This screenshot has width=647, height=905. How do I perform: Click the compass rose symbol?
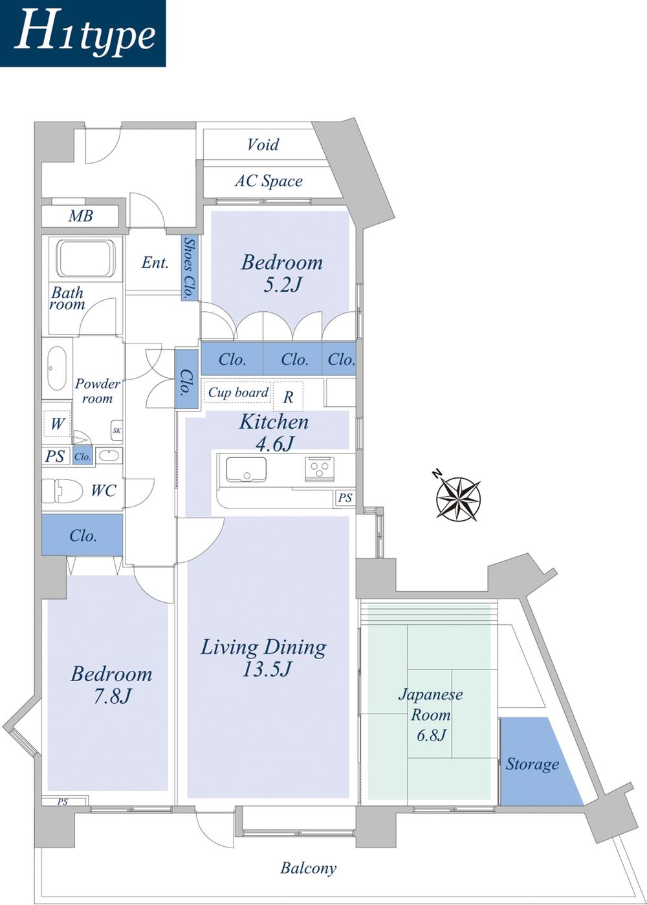(458, 497)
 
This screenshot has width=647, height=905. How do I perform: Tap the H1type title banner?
(83, 34)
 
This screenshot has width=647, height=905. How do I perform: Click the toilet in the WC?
(62, 490)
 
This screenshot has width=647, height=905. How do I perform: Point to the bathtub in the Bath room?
(85, 258)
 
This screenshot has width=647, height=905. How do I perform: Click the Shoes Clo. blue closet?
(189, 267)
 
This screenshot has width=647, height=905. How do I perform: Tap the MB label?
(81, 216)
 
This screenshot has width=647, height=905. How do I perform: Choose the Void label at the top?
(263, 144)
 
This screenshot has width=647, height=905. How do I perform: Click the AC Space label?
(269, 181)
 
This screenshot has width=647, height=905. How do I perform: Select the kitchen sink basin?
(246, 469)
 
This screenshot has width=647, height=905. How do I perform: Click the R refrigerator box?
(288, 397)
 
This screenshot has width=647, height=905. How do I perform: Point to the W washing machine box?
(58, 424)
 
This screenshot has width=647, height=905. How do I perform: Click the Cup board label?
(238, 393)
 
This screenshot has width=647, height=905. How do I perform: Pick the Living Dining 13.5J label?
(263, 657)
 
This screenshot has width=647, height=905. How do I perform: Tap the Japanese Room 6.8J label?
(430, 714)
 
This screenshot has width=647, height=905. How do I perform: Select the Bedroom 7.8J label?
(111, 684)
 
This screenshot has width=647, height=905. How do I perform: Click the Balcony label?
(308, 868)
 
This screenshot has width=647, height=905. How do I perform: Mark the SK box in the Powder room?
(116, 430)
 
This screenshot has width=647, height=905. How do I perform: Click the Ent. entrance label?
(155, 263)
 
